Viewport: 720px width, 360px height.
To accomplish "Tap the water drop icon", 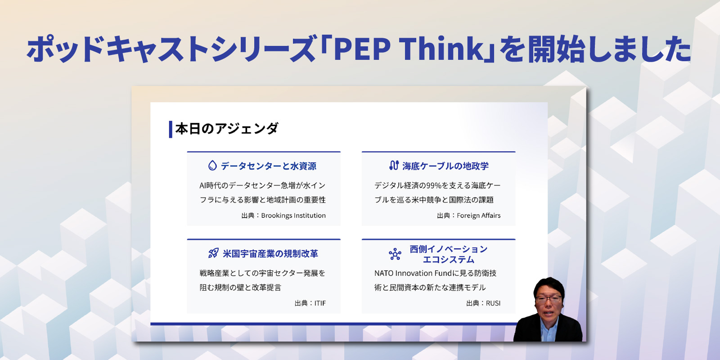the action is [212, 166].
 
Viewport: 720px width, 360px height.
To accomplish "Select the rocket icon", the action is [213, 253].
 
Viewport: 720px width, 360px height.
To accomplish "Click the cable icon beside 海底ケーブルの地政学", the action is [394, 165].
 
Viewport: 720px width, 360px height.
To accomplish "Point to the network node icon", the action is [395, 254].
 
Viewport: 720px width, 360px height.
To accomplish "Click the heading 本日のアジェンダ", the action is [227, 129].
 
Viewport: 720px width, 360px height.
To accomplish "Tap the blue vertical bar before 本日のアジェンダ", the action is [171, 129].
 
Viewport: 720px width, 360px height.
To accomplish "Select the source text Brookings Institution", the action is [293, 216].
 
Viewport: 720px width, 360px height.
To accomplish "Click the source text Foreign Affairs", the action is [479, 216].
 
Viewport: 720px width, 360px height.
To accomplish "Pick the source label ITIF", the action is [320, 303].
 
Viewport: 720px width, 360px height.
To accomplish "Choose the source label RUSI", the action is [493, 303].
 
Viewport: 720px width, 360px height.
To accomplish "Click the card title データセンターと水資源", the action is [268, 166].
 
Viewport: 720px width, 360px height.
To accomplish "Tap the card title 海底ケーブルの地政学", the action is [445, 166].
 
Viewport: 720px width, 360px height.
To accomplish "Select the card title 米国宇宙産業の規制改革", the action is [270, 254].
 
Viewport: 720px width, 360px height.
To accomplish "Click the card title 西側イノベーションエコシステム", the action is [448, 254].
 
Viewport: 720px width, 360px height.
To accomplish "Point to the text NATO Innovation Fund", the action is [413, 273].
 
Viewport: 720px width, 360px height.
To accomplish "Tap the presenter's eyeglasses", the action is [549, 299].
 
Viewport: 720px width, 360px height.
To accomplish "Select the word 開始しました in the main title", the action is [609, 49].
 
